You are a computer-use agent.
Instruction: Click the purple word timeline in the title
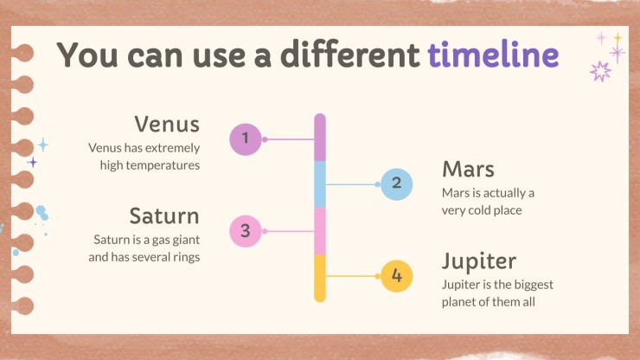coord(493,54)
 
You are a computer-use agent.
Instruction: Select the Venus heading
coord(167,124)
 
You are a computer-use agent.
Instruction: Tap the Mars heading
coord(468,169)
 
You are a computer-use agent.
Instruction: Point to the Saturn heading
coord(164,215)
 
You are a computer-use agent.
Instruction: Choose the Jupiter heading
coord(479,261)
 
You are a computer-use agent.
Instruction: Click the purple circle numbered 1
coord(246,139)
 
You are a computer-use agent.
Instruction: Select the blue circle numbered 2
coord(396,184)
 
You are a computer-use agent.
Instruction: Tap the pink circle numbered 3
coord(246,231)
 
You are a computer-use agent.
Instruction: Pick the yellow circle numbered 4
coord(396,276)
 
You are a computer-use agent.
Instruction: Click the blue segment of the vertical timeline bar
coord(320,184)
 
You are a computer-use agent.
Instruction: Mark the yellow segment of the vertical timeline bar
coord(320,279)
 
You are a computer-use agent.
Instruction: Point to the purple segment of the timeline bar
coord(320,138)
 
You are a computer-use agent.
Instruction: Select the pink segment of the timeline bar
coord(320,231)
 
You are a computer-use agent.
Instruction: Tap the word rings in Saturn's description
coord(187,257)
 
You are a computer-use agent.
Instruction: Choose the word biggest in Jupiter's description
coord(535,285)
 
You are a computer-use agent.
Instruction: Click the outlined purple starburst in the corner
coord(600,71)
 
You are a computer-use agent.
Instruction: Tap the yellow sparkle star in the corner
coord(618,38)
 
